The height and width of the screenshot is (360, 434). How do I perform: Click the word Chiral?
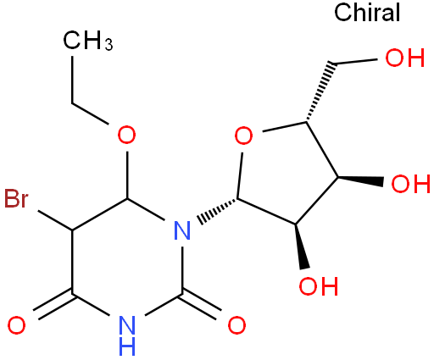[367, 12]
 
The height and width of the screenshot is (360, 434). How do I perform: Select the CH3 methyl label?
[88, 41]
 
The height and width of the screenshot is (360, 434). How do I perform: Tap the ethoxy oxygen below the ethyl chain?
[126, 135]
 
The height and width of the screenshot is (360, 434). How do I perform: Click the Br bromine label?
[16, 198]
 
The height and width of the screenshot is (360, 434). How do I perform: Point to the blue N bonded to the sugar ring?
[182, 230]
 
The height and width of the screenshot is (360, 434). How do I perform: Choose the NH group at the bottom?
[127, 335]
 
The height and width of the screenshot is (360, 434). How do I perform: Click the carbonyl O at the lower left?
[16, 325]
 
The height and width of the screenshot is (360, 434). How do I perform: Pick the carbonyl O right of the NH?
[236, 325]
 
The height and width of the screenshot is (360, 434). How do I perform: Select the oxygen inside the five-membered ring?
[244, 136]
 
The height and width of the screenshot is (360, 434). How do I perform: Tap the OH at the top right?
[405, 58]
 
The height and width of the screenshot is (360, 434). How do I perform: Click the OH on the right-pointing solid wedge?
[410, 184]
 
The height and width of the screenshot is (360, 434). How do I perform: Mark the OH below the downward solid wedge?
[319, 286]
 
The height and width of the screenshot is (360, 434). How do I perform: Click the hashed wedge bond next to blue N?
[218, 211]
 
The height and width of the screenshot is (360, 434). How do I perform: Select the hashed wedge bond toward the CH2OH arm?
[320, 92]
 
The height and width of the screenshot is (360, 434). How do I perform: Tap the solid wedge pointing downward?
[300, 246]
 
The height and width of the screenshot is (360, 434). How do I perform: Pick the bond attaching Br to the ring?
[55, 220]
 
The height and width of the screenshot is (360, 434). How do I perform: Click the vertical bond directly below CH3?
[72, 80]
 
